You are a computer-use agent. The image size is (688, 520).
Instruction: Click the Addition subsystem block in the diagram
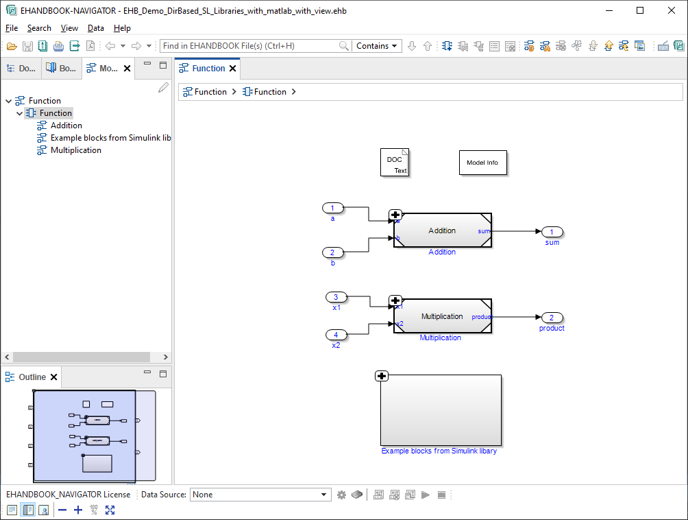click(x=442, y=231)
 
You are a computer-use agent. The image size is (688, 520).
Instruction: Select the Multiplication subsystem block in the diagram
click(x=442, y=316)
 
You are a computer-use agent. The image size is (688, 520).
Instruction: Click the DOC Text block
click(x=394, y=163)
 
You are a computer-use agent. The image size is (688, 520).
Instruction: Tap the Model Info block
click(x=482, y=163)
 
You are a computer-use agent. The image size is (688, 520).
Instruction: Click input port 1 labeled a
click(x=333, y=208)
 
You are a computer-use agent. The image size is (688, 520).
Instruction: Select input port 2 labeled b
click(x=333, y=252)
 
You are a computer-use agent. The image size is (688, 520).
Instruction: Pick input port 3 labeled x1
click(x=336, y=297)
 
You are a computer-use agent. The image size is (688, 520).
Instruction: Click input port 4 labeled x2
click(x=336, y=335)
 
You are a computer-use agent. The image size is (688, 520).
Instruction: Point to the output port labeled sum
click(x=552, y=232)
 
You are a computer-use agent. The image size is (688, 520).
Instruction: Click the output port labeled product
click(x=552, y=318)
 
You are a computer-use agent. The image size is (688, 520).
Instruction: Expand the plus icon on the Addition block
click(x=395, y=215)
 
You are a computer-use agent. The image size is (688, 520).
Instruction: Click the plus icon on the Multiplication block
click(x=395, y=300)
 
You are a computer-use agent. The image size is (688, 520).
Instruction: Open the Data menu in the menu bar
click(x=96, y=28)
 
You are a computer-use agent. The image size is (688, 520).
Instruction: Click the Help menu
click(x=122, y=28)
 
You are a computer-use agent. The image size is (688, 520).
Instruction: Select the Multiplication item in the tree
click(x=75, y=150)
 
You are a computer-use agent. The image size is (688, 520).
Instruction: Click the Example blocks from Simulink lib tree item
click(x=110, y=138)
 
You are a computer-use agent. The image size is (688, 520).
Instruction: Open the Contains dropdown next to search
click(x=377, y=46)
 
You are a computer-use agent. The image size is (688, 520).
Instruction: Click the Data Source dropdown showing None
click(x=260, y=495)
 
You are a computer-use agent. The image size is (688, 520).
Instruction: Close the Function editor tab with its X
click(x=233, y=69)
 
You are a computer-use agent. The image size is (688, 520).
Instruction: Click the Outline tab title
click(x=32, y=377)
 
